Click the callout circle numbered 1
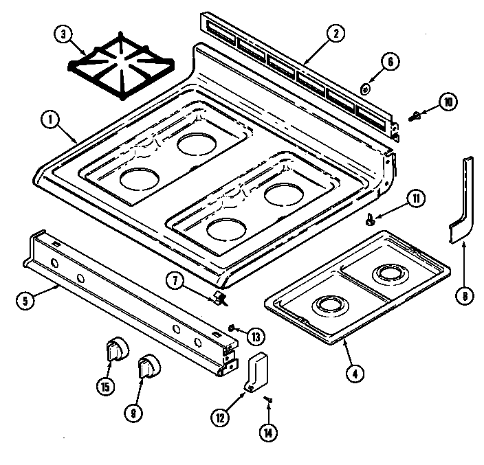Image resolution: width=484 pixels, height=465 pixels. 49,120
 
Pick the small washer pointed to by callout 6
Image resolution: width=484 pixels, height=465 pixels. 366,88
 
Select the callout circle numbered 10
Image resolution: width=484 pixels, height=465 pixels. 448,103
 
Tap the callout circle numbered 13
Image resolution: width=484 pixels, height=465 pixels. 256,337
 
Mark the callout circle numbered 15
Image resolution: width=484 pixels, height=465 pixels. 105,387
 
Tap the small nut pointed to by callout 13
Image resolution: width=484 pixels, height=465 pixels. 233,328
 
